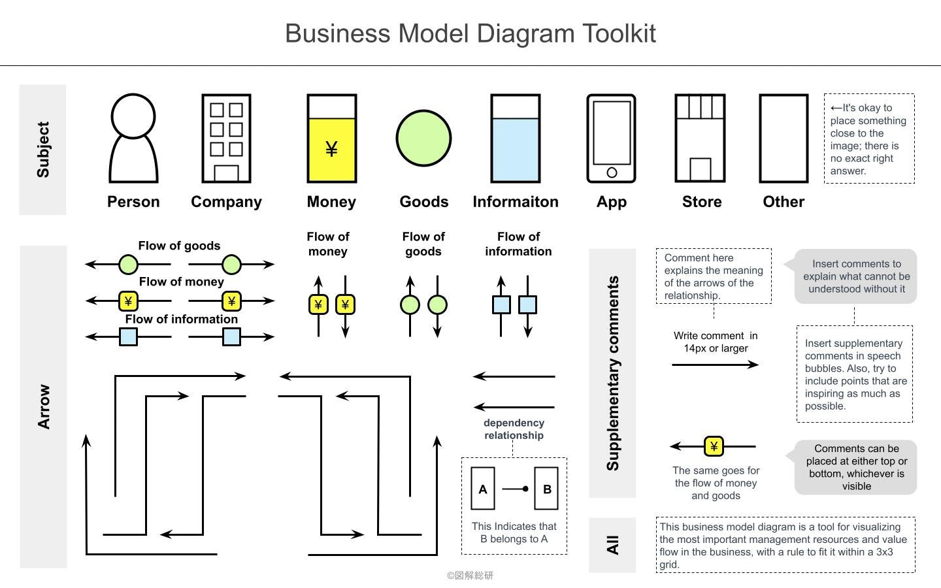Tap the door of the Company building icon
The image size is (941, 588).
coord(226,173)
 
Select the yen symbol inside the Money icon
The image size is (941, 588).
coord(331,150)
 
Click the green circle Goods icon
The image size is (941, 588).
coord(423,139)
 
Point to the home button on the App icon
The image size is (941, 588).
coord(612,172)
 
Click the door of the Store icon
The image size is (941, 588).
coord(700,169)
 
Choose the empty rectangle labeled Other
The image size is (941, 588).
coord(784,139)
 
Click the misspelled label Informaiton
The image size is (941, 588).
coord(516,202)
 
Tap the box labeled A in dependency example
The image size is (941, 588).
coord(483,489)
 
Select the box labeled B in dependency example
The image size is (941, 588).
coord(546,489)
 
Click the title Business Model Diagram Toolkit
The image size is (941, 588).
coord(470,33)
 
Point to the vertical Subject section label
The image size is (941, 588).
coord(43,149)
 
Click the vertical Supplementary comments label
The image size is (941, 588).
coord(612,373)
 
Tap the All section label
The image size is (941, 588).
coord(612,545)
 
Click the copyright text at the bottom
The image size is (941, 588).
coord(470,576)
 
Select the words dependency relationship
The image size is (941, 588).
coord(514,429)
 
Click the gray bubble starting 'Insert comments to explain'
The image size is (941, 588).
coord(856,276)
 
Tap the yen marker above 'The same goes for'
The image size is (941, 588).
coord(714,446)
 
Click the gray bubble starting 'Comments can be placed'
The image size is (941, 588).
coord(856,467)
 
